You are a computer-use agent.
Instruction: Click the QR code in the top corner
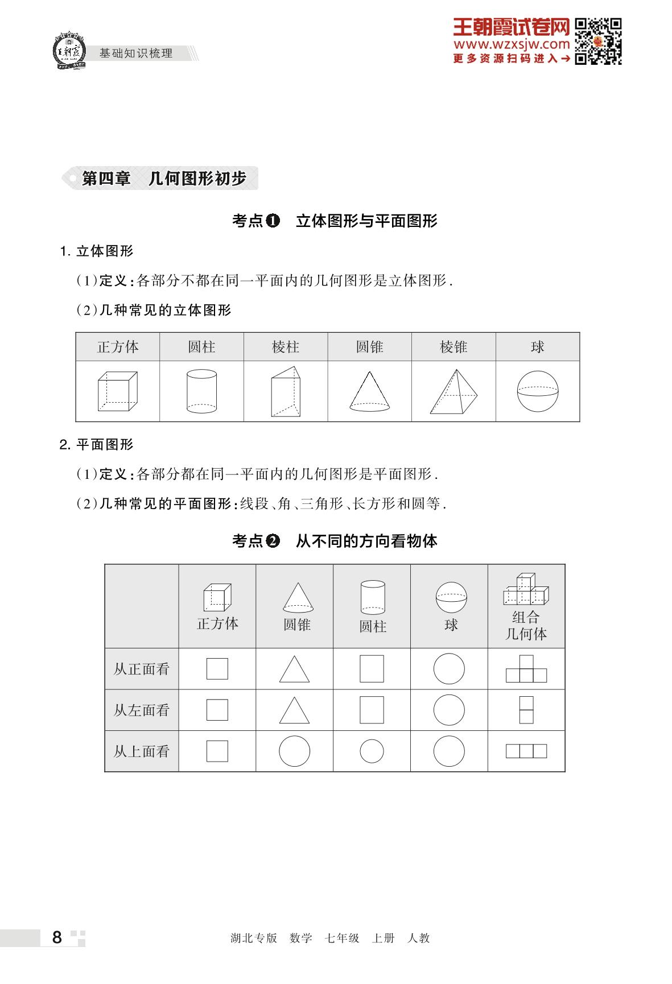pos(597,42)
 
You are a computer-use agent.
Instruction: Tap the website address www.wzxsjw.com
pos(511,44)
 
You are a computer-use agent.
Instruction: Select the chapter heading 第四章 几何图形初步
pos(163,179)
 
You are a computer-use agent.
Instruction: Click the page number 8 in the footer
pos(57,937)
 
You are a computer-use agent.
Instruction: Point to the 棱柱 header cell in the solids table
pos(286,347)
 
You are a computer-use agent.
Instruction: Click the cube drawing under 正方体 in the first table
pos(117,391)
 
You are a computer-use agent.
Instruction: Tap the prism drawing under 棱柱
pos(286,391)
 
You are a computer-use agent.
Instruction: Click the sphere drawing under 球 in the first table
pos(538,391)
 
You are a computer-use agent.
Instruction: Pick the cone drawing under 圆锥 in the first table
pos(369,391)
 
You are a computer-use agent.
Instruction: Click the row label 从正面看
pos(142,669)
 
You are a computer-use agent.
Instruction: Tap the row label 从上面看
pos(142,751)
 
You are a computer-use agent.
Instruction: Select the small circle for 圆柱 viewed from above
pos(372,751)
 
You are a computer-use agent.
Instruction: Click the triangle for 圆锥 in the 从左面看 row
pos(295,710)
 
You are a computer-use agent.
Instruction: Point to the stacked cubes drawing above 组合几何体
pos(526,589)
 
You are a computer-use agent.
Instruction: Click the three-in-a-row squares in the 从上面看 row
pos(526,751)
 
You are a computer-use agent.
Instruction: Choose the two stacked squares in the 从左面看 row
pos(526,710)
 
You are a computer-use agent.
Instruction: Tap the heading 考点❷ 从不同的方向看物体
pos(335,541)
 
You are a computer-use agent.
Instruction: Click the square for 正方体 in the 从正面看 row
pos(217,669)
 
